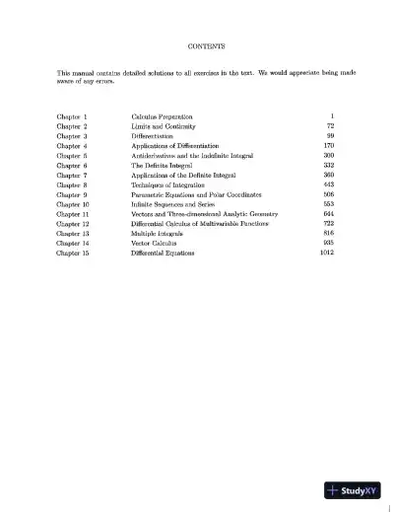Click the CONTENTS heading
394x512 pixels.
tap(205, 46)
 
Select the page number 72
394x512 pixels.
tap(330, 126)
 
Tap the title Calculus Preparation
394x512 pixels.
tap(164, 116)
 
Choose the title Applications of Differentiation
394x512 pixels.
tap(178, 146)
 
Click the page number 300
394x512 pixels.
tap(329, 155)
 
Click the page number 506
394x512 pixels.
tap(329, 194)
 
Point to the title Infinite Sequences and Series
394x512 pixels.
tap(173, 203)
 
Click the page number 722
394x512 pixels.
tap(329, 223)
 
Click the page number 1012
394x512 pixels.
tap(328, 252)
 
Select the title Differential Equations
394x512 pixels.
tap(163, 252)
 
